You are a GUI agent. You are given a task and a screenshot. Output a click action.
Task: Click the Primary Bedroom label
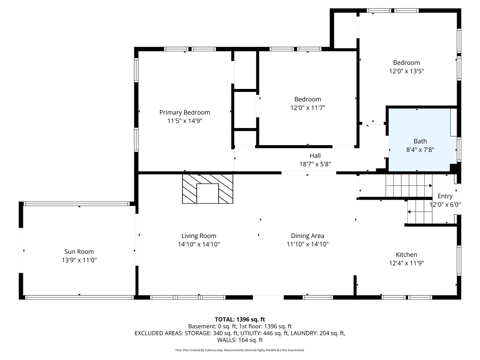click(x=185, y=112)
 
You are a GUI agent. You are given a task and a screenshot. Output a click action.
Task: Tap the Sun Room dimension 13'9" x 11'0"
click(x=79, y=260)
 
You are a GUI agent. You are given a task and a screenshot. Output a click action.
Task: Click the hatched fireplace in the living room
click(x=208, y=189)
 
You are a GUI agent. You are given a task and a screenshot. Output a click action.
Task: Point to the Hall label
click(x=315, y=156)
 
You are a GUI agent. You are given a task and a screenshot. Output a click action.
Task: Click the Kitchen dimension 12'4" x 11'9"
click(x=406, y=263)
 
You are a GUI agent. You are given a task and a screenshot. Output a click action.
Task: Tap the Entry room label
click(x=445, y=196)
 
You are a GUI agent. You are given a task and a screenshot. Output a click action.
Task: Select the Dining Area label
click(x=307, y=236)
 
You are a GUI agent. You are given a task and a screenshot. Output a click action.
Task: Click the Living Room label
click(x=199, y=236)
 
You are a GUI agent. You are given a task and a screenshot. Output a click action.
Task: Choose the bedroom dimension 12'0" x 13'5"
click(x=406, y=71)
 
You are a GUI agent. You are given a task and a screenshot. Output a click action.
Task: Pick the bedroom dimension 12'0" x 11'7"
click(x=308, y=108)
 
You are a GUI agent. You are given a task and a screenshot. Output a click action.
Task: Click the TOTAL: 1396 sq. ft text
click(x=240, y=319)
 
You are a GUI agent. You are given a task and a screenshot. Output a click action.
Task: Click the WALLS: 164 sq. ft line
click(x=240, y=340)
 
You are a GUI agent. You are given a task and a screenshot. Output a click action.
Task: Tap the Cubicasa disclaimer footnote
click(x=240, y=350)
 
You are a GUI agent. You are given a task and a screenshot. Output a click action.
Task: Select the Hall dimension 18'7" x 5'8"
click(x=315, y=164)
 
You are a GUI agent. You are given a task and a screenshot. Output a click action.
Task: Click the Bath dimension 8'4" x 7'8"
click(x=420, y=150)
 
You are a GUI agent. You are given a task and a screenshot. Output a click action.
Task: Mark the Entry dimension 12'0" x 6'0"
click(x=445, y=205)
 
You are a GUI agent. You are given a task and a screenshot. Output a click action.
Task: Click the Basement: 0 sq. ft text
click(x=212, y=326)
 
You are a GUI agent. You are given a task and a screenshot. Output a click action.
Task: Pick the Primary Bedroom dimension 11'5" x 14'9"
click(x=185, y=121)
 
